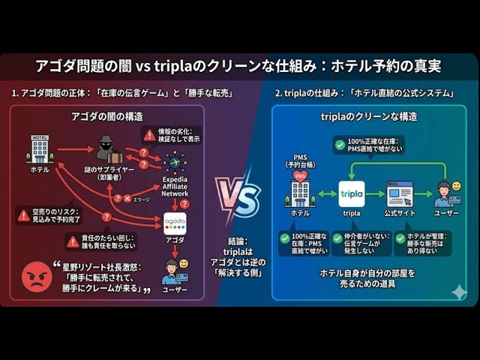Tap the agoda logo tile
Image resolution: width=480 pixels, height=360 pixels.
click(x=175, y=223)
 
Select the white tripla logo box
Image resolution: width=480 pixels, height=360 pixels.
click(x=351, y=193)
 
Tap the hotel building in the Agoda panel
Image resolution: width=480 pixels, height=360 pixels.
click(x=40, y=148)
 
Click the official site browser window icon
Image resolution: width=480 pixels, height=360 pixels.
click(x=399, y=193)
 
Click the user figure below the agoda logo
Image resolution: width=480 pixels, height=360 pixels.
click(x=175, y=271)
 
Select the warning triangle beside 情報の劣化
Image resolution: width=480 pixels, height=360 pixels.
click(x=150, y=135)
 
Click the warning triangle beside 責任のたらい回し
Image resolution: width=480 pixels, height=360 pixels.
click(x=73, y=241)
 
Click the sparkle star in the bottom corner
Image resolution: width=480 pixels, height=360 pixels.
click(x=458, y=292)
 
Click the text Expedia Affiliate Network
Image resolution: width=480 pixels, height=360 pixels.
click(x=175, y=187)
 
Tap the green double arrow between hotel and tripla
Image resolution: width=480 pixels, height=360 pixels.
click(x=327, y=193)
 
